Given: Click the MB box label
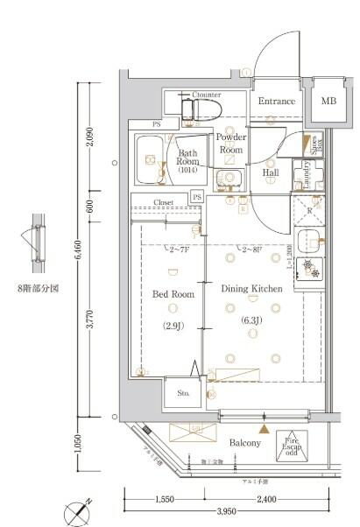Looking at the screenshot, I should click(328, 102).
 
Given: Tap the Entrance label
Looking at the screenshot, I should click(276, 102).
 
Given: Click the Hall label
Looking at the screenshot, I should click(271, 172).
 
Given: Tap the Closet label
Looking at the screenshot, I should click(164, 202).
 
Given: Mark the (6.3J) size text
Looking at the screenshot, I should click(251, 320).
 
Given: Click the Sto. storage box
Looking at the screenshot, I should click(183, 393).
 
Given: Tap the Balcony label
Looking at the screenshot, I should click(245, 444).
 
